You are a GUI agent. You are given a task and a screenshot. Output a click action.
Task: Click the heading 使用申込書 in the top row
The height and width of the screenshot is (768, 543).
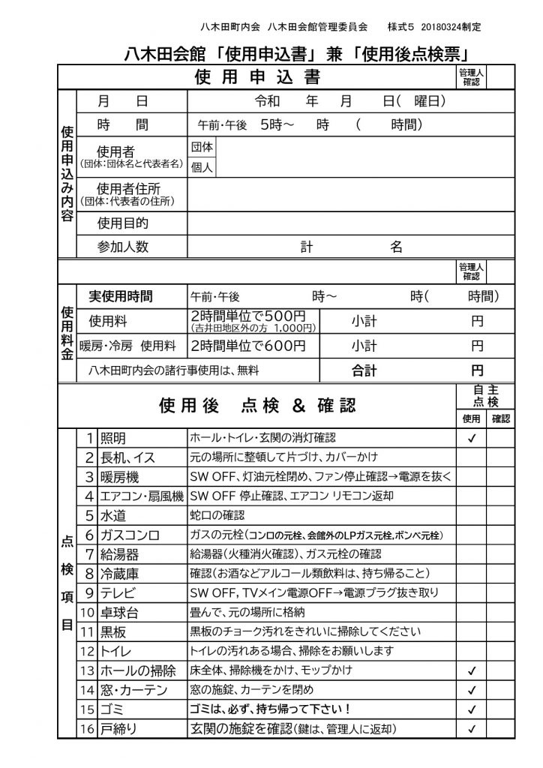coord(257,77)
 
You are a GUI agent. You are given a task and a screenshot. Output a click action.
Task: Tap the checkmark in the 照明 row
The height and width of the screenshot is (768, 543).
coord(472,438)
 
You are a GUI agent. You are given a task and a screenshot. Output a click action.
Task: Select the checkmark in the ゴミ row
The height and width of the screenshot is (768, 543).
coord(472,709)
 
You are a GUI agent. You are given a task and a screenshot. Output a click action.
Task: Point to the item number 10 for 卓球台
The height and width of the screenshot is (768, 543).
coord(88,612)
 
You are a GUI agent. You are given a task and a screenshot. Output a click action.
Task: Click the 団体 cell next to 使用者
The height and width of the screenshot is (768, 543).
coord(202,146)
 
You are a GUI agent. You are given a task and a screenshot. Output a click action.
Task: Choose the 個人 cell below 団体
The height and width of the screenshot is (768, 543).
coord(202,167)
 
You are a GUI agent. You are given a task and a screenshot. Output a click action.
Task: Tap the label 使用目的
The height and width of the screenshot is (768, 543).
coord(123,223)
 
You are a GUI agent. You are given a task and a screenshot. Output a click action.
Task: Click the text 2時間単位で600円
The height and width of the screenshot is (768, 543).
coord(248,346)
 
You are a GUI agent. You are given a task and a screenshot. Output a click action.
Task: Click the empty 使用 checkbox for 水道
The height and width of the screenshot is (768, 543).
coord(472,515)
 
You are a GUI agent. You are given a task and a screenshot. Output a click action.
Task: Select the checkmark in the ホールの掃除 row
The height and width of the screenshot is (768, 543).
coord(472,670)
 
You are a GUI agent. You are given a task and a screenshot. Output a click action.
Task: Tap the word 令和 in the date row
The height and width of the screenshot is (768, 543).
coord(268,101)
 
